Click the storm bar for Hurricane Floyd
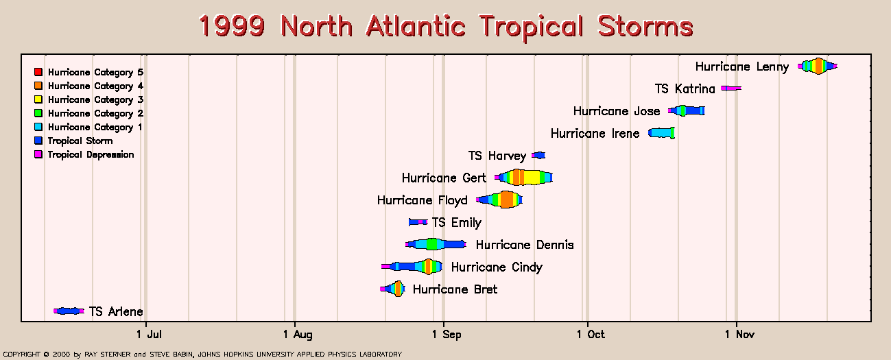pyautogui.click(x=499, y=200)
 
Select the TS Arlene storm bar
pyautogui.click(x=69, y=311)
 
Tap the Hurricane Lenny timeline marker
pyautogui.click(x=818, y=66)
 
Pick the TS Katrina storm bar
pyautogui.click(x=731, y=88)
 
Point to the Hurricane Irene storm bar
pyautogui.click(x=661, y=133)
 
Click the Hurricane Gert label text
pyautogui.click(x=444, y=178)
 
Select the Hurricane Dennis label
pyautogui.click(x=525, y=245)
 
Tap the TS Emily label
pyautogui.click(x=457, y=222)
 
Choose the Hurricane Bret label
pyautogui.click(x=455, y=289)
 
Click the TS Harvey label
pyautogui.click(x=497, y=156)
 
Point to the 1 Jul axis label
pyautogui.click(x=149, y=334)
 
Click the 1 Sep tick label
pyautogui.click(x=447, y=334)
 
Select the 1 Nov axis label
pyautogui.click(x=739, y=334)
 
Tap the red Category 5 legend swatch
pyautogui.click(x=38, y=72)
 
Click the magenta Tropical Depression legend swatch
pyautogui.click(x=38, y=154)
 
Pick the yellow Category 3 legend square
pyautogui.click(x=38, y=99)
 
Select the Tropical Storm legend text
pyautogui.click(x=80, y=141)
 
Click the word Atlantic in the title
pyautogui.click(x=416, y=26)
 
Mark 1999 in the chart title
pyautogui.click(x=232, y=26)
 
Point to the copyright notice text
pyautogui.click(x=202, y=354)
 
